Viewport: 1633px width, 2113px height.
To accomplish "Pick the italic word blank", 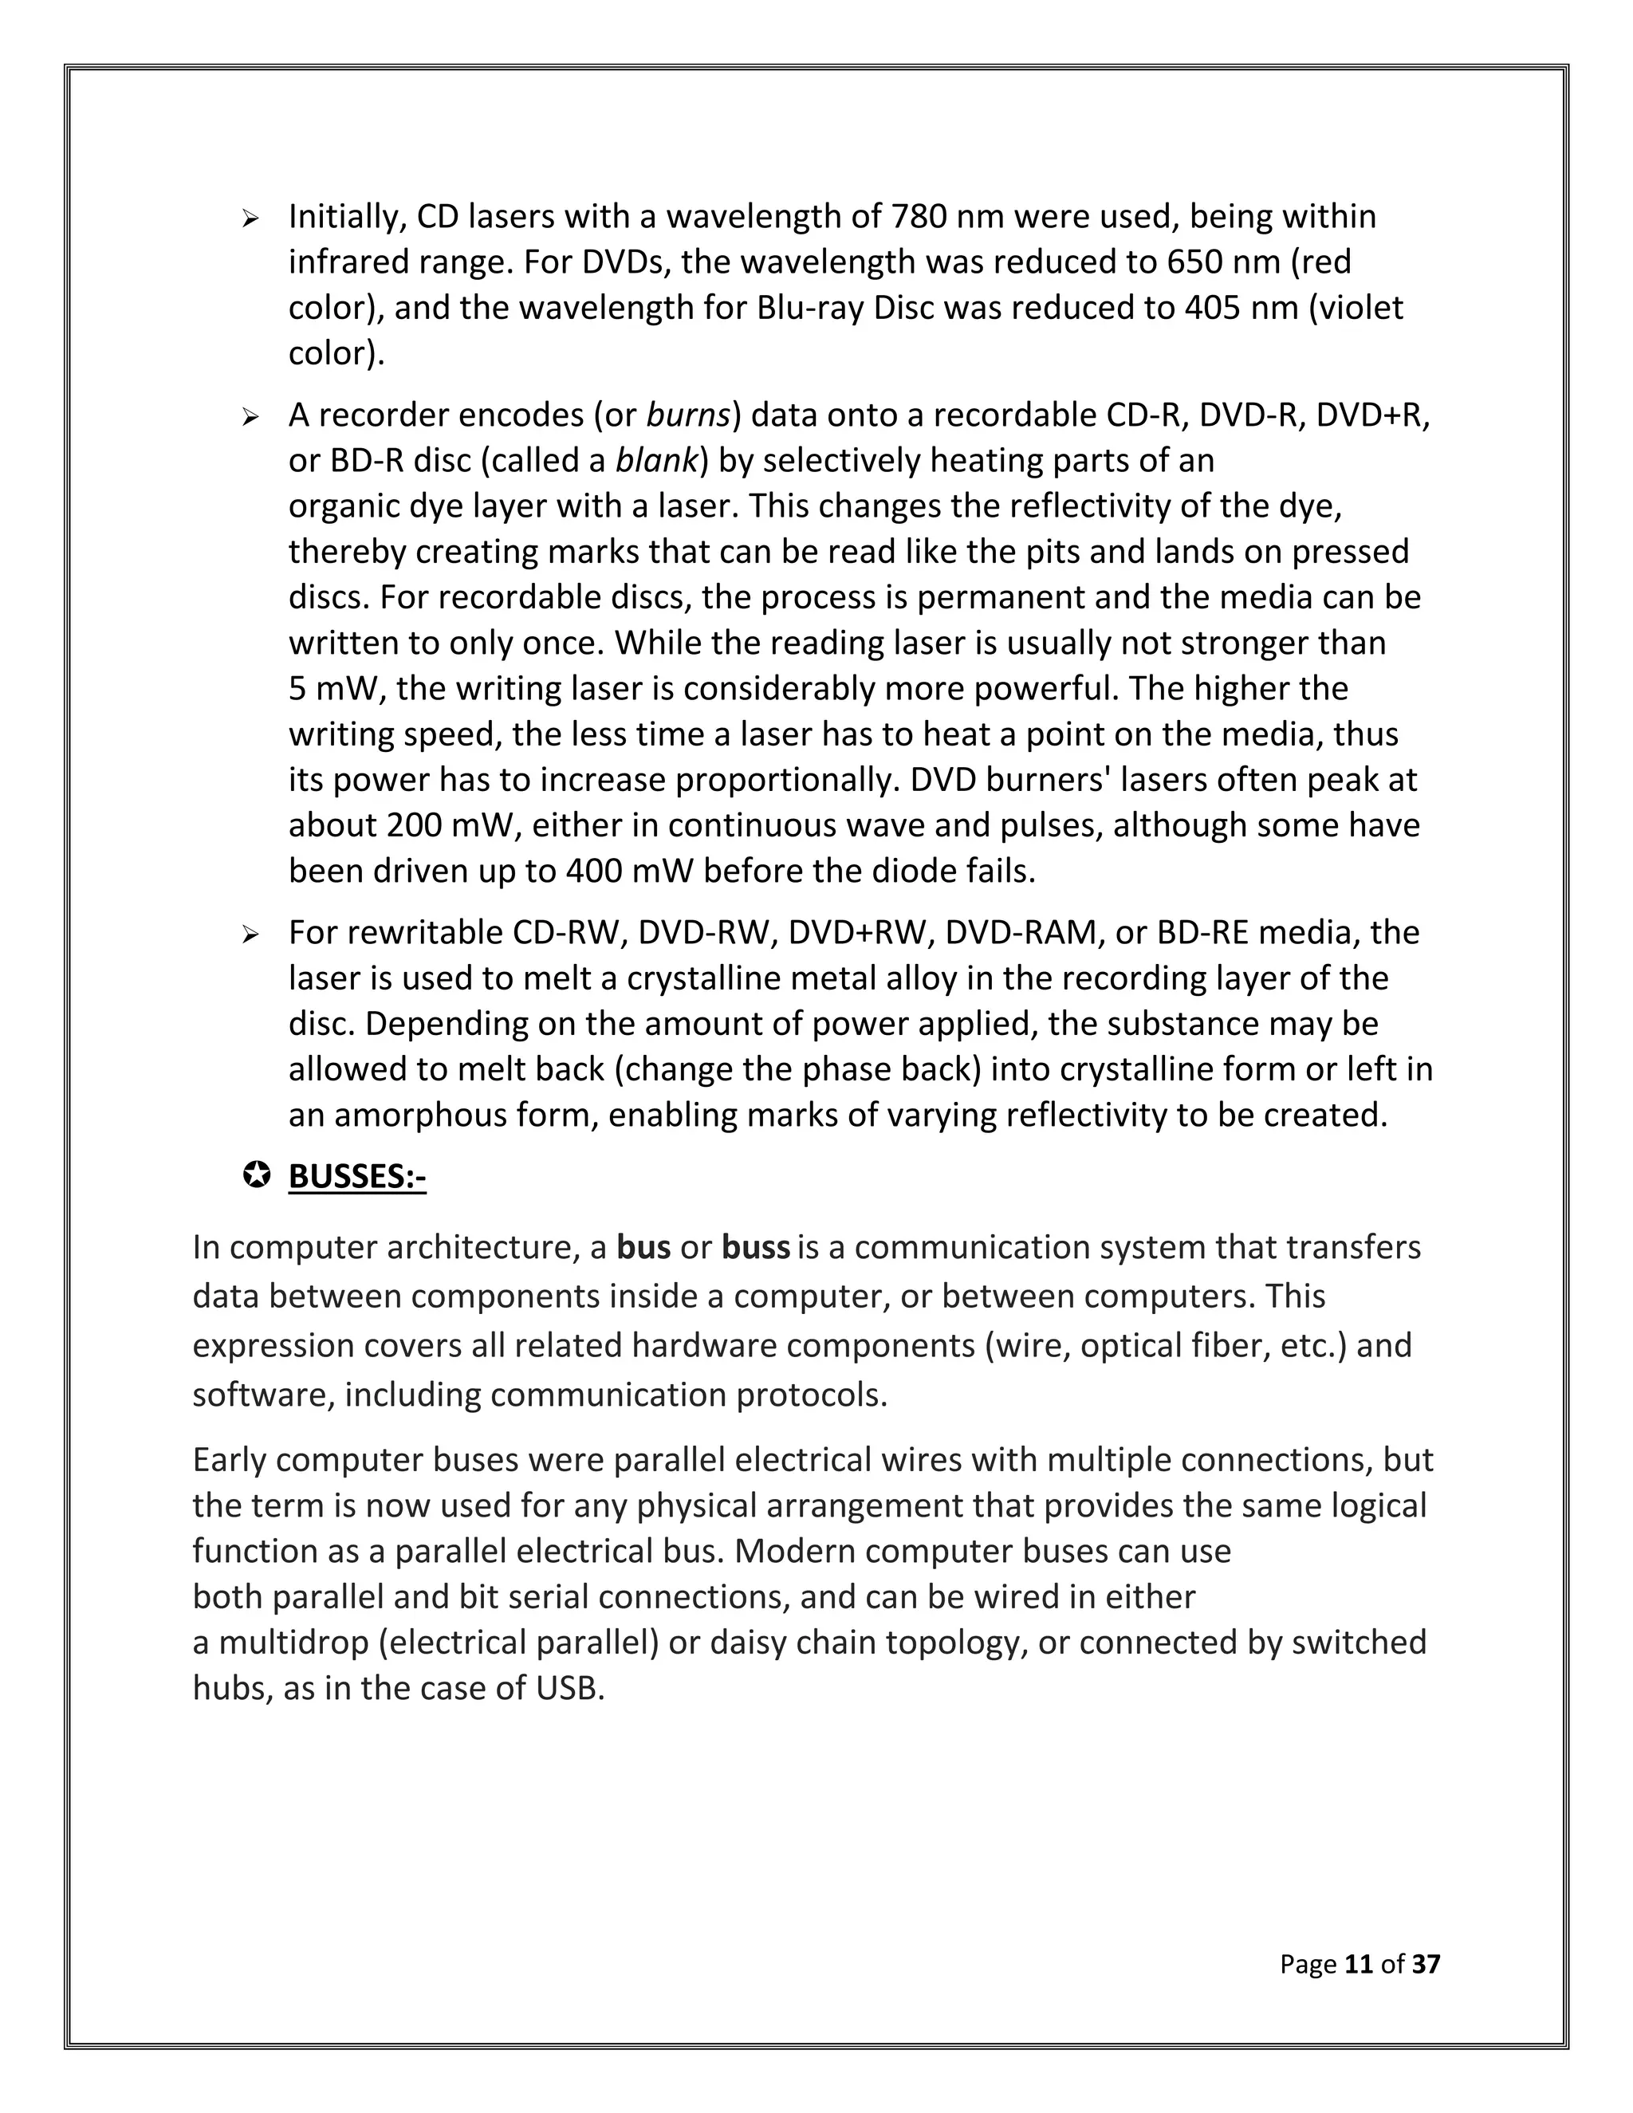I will [x=656, y=461].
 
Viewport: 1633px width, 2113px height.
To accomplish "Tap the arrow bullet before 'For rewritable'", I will [x=251, y=935].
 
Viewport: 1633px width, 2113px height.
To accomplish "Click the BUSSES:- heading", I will [x=357, y=1178].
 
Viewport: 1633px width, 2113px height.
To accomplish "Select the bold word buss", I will [x=756, y=1248].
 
